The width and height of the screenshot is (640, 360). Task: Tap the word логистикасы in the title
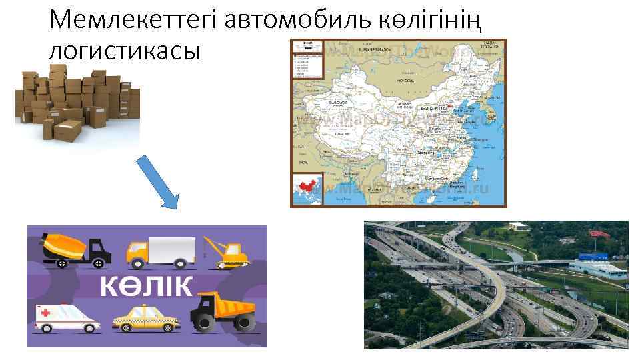[125, 51]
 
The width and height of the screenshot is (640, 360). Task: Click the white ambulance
[66, 317]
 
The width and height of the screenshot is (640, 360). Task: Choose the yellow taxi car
[146, 318]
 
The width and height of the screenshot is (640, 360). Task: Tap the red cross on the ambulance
[45, 313]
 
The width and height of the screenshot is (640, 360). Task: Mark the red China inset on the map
[307, 186]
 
